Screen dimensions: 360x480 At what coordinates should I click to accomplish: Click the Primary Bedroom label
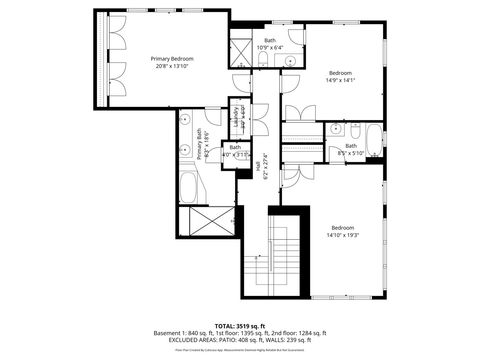(x=172, y=59)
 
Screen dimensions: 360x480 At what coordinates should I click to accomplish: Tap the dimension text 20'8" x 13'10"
(x=172, y=67)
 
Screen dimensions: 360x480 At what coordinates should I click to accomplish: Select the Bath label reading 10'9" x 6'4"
(x=270, y=40)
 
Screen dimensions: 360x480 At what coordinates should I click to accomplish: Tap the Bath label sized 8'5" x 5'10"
(x=351, y=146)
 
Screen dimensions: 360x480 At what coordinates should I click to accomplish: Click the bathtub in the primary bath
(x=190, y=186)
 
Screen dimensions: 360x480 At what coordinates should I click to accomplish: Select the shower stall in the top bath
(x=240, y=50)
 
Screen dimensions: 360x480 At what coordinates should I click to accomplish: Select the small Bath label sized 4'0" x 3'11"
(x=235, y=151)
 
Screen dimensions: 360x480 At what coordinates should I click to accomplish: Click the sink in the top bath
(x=290, y=60)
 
